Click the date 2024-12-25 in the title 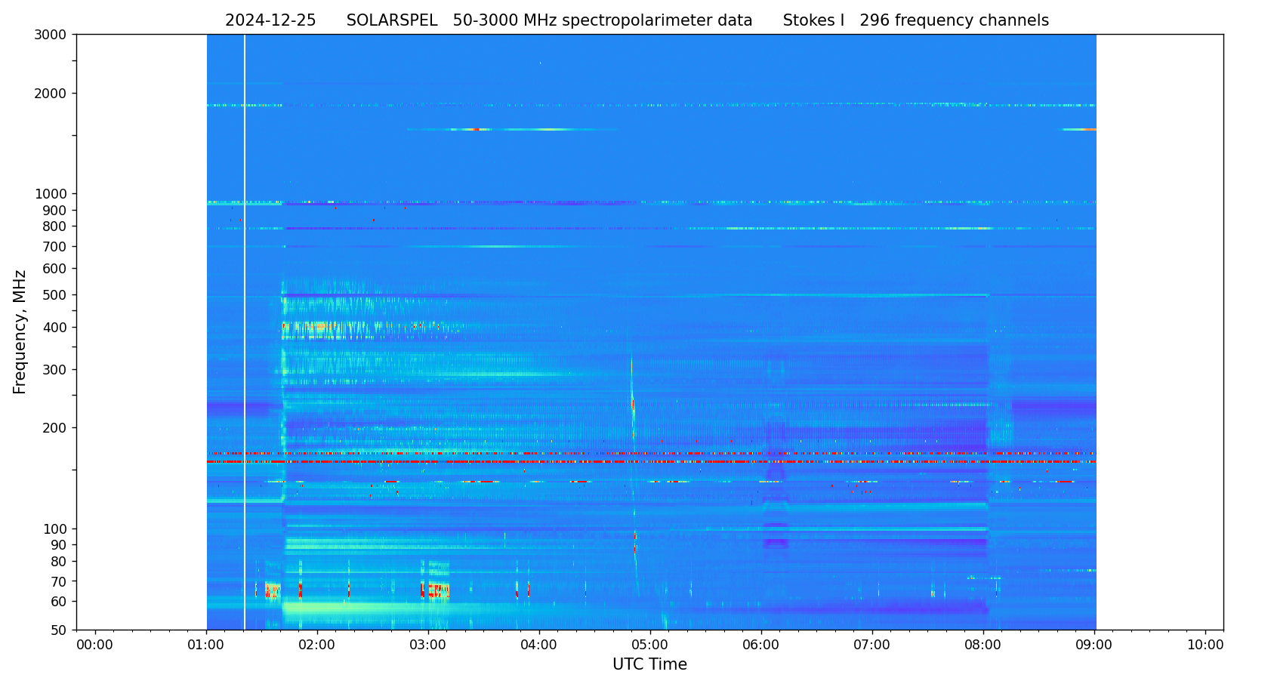point(270,20)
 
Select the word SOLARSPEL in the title point(392,20)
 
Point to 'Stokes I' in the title point(813,20)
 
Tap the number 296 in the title point(875,20)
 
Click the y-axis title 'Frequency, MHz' point(20,331)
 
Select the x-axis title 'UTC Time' point(649,664)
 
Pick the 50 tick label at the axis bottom point(58,630)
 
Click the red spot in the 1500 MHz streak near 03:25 point(476,130)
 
